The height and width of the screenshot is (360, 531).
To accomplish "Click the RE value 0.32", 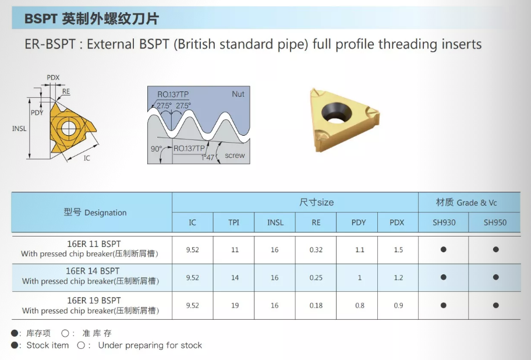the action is tap(316, 250).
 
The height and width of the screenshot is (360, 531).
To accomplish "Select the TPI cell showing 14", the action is tap(235, 278).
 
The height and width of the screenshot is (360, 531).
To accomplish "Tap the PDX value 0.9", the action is tap(398, 305).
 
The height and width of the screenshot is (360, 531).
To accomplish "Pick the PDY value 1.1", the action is tap(360, 250).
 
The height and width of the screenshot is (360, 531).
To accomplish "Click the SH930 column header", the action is tap(444, 223).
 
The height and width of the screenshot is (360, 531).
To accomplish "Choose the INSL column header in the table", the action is tap(275, 223).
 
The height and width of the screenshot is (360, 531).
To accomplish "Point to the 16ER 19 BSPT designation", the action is tap(94, 301).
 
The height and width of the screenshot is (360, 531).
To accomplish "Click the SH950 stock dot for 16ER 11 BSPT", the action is tap(496, 249).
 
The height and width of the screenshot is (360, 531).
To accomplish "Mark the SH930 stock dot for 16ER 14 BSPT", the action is tap(443, 277).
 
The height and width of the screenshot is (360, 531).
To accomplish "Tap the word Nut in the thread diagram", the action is tap(238, 94).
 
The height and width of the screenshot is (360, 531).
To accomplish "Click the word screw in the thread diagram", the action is tap(235, 156).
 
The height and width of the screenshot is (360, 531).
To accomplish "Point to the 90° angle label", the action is tap(156, 149).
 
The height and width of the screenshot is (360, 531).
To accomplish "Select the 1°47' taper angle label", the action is tap(208, 157).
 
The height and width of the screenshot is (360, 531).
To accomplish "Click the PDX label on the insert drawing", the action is tap(53, 77).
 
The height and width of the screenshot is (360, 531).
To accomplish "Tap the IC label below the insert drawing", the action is tap(87, 158).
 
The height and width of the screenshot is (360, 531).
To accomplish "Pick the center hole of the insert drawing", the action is tap(68, 128).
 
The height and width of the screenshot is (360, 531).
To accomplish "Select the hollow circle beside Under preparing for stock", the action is tap(80, 345).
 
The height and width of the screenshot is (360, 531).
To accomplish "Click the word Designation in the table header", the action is tap(105, 213).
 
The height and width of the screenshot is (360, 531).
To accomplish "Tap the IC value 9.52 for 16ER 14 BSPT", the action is tap(192, 278).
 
